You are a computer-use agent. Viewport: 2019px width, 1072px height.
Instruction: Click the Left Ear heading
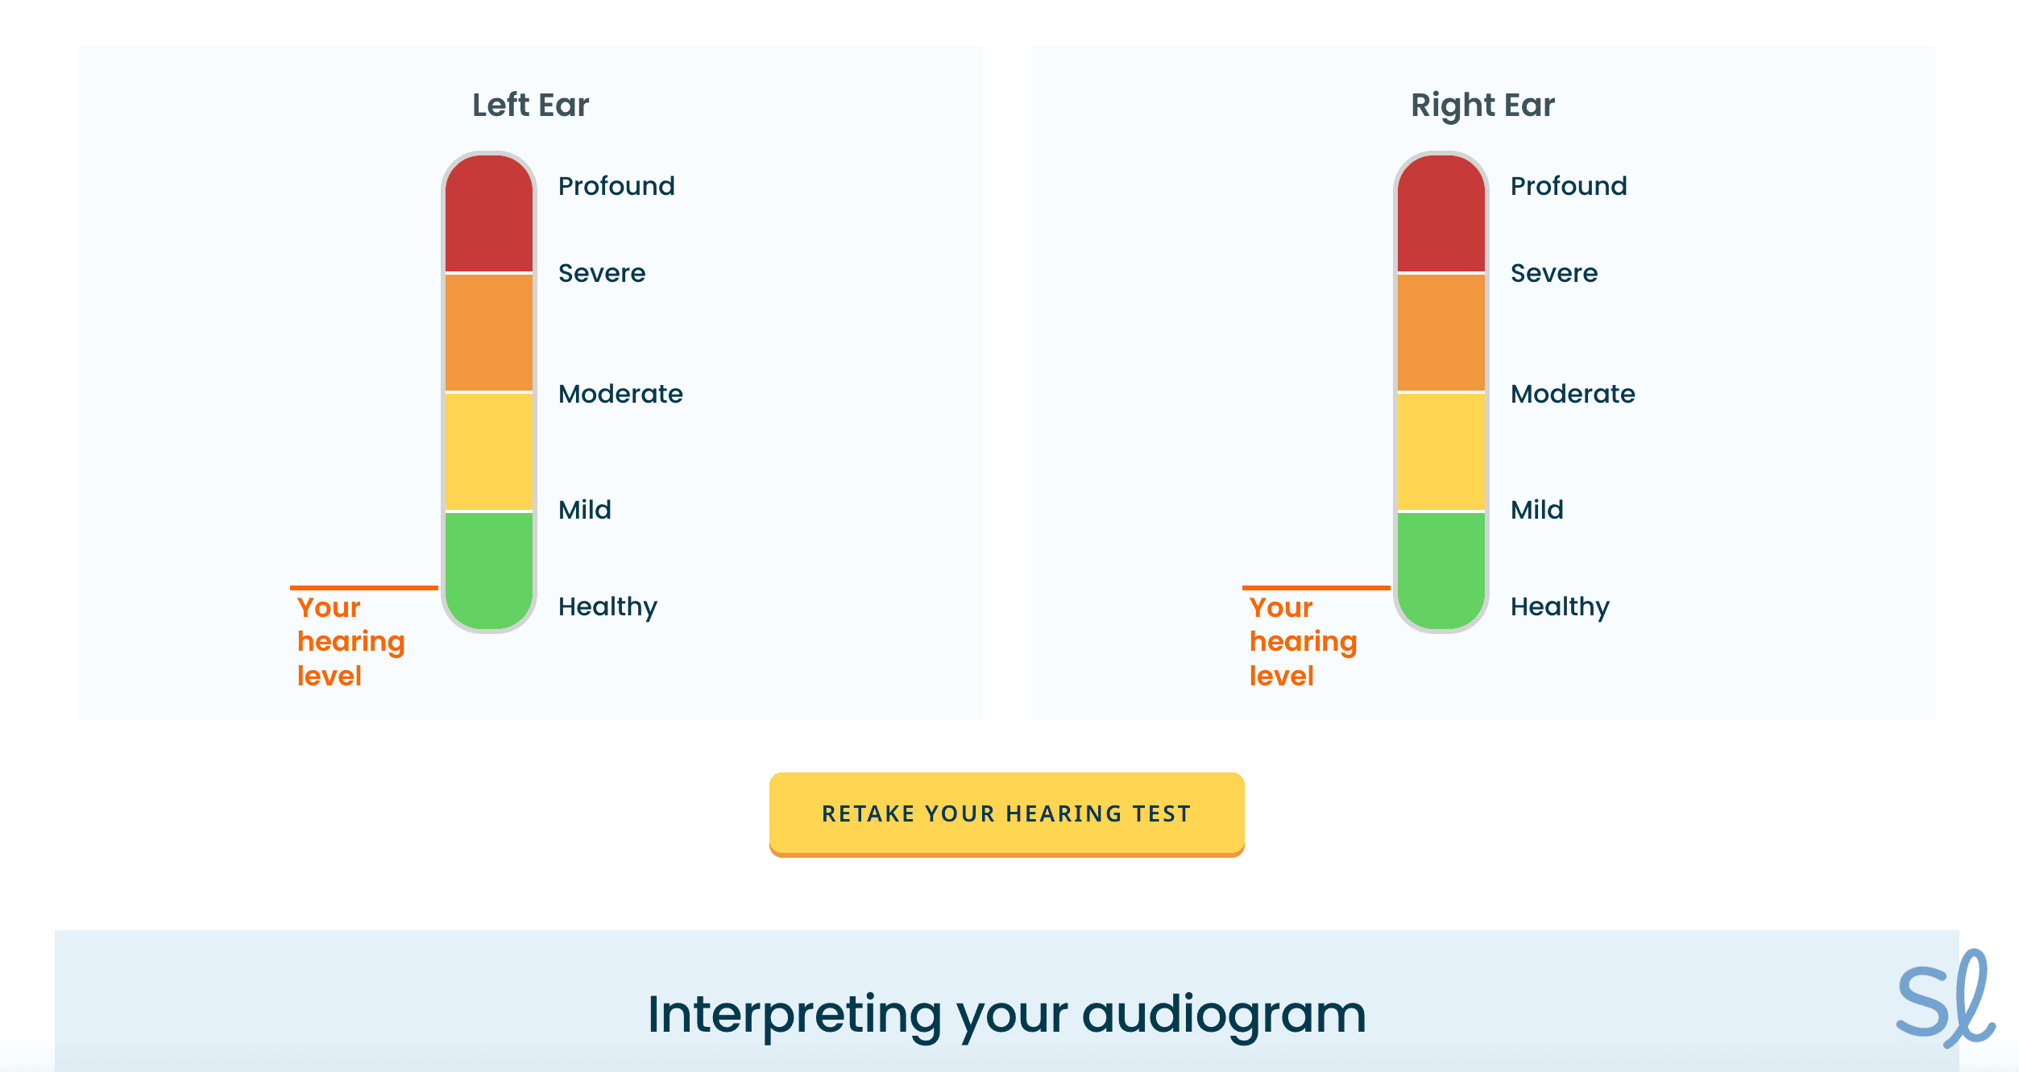(x=530, y=106)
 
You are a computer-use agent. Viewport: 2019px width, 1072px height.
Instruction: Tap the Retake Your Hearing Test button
(x=1007, y=814)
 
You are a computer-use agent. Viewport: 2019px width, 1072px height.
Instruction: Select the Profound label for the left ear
(x=616, y=186)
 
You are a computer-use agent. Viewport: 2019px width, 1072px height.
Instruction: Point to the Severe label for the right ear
(x=1554, y=273)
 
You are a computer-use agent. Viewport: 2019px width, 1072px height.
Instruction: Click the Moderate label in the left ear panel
(x=620, y=394)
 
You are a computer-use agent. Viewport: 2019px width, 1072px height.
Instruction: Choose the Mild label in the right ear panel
(x=1537, y=510)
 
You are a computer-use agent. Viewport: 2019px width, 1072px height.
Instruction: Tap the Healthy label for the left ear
(x=608, y=607)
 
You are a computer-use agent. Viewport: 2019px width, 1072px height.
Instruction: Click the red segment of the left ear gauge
(x=489, y=213)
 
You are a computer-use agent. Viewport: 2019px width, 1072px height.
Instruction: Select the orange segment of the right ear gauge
(x=1441, y=333)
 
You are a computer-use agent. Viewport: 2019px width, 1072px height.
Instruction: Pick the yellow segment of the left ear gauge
(x=489, y=452)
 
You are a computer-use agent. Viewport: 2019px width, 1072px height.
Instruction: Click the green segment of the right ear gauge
(x=1441, y=570)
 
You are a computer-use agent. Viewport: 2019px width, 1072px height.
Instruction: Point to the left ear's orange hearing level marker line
(x=364, y=588)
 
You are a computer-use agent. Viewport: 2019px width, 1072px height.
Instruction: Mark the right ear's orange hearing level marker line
(x=1316, y=588)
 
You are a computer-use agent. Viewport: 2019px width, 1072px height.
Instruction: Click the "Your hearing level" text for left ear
(x=351, y=642)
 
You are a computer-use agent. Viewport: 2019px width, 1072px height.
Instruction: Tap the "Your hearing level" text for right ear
(x=1304, y=642)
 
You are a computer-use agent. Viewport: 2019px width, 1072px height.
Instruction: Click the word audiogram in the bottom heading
(x=1224, y=1015)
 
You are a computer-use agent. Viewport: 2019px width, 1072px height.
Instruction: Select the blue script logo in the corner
(x=1945, y=999)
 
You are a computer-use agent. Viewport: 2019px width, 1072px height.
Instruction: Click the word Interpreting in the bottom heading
(x=794, y=1015)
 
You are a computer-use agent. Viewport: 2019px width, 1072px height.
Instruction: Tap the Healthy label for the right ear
(x=1561, y=607)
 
